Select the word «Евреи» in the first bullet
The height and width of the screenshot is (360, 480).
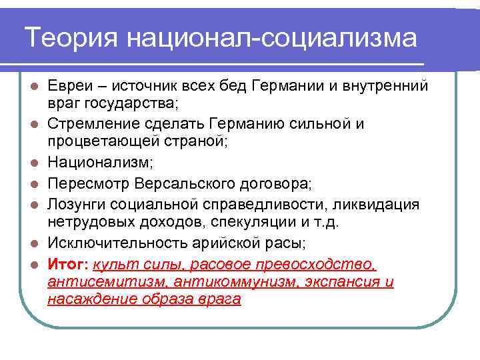[69, 86]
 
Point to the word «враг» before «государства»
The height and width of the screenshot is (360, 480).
[62, 103]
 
